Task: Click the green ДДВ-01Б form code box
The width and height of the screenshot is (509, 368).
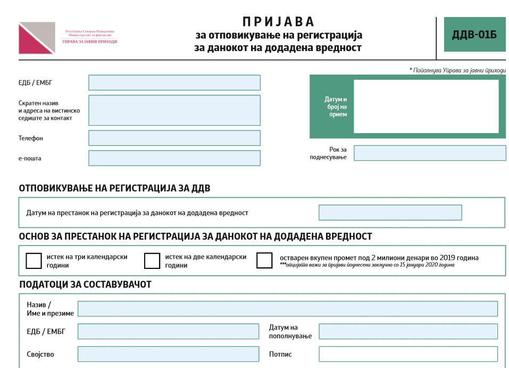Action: pos(474,35)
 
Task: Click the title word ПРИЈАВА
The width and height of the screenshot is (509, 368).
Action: pos(279,22)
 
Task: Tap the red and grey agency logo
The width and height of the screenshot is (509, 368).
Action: pos(37,38)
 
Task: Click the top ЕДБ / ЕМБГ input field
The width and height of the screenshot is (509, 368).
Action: pos(174,83)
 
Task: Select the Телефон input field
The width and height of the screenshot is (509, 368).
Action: pos(174,138)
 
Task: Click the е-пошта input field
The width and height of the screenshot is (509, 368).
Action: pos(174,158)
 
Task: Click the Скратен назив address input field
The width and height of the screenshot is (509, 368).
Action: pos(174,110)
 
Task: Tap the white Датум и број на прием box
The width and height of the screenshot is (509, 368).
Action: pos(426,107)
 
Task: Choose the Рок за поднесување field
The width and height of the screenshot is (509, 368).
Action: pos(430,153)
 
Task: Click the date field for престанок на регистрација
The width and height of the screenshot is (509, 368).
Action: pos(390,212)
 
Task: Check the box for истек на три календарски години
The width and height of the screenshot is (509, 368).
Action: pos(34,261)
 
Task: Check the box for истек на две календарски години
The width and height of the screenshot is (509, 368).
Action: pos(152,261)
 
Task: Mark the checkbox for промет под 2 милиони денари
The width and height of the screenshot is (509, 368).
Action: pos(264,260)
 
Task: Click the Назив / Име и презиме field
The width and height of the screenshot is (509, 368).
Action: pos(287,309)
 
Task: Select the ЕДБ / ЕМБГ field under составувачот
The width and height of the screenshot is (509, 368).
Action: pos(168,331)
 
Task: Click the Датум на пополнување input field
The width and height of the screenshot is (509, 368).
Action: pos(408,331)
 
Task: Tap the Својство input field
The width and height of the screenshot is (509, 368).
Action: pos(168,354)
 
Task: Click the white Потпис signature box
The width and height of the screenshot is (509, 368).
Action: pos(408,354)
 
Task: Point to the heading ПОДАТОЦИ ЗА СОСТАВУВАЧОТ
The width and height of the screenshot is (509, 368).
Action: pos(85,284)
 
